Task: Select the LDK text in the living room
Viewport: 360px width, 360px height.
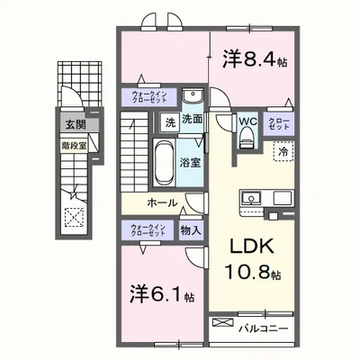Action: [x=249, y=247]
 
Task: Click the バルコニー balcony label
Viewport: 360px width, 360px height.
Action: [x=265, y=328]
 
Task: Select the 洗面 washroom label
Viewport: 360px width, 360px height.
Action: [x=192, y=120]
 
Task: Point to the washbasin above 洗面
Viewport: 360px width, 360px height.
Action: [x=192, y=97]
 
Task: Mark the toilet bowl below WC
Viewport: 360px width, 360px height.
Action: [x=247, y=138]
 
